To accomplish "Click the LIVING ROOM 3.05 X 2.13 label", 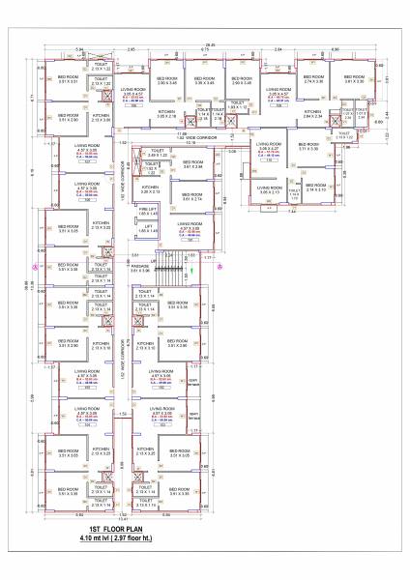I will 269,190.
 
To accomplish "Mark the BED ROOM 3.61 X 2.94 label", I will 192,163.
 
